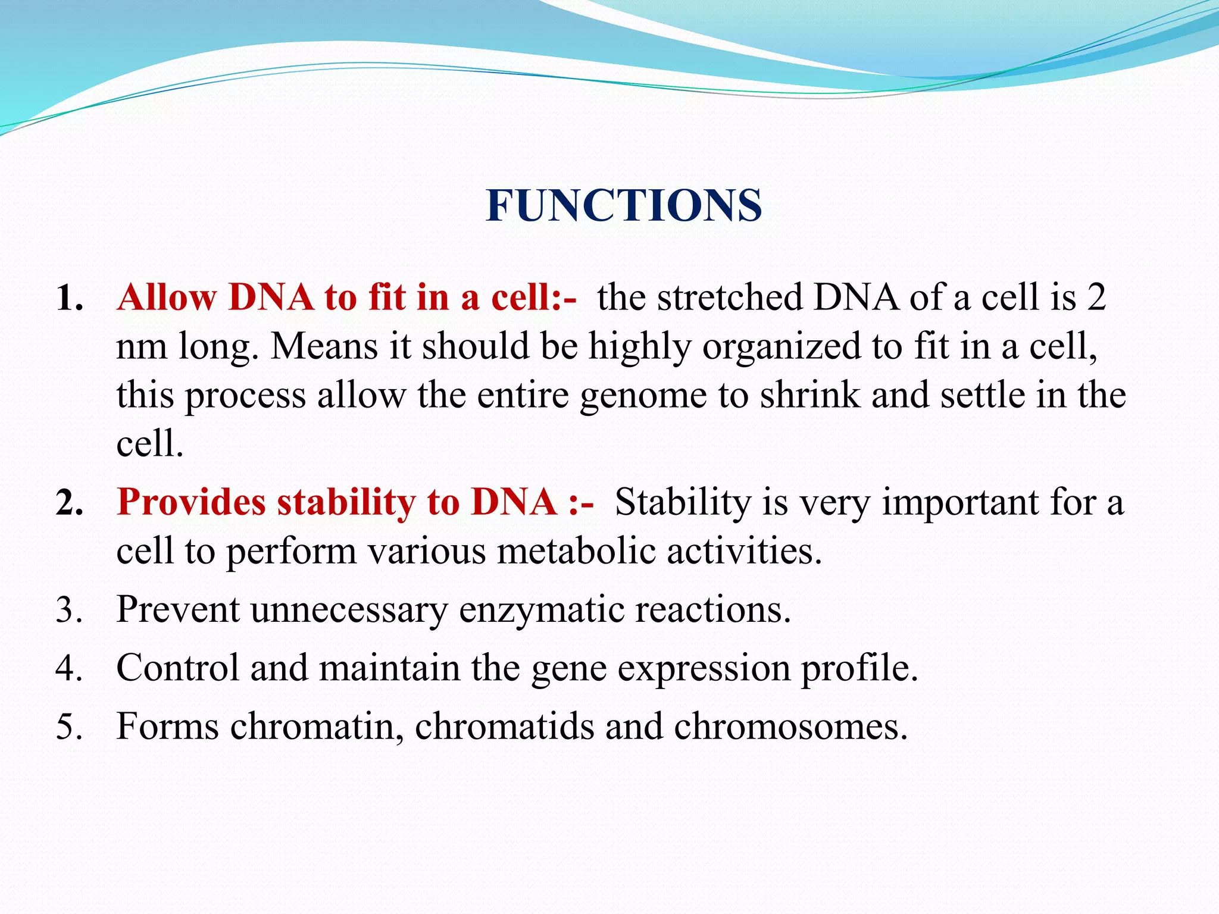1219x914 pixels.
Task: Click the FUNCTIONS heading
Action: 623,205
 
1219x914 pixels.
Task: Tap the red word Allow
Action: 167,297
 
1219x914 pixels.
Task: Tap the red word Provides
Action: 191,502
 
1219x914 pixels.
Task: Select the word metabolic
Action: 576,551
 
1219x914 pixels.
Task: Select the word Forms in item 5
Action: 167,727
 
